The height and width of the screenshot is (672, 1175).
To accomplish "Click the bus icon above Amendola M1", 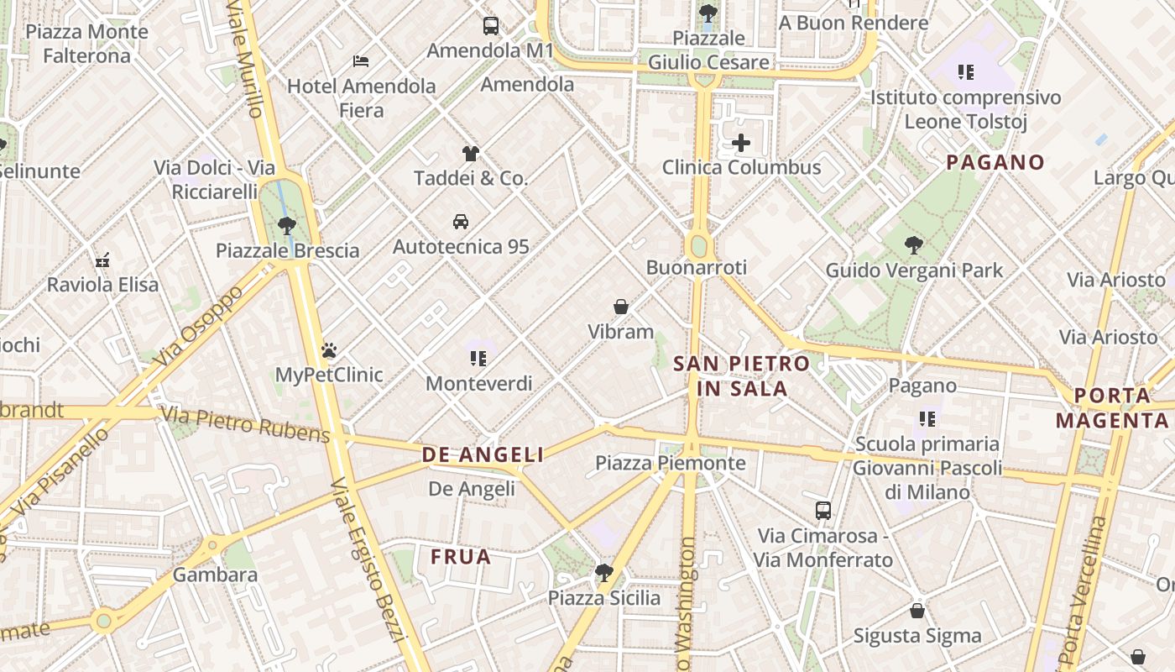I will [491, 26].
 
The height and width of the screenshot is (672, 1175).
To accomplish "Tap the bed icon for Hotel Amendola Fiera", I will [361, 61].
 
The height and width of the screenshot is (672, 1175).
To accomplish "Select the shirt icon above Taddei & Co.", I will [471, 154].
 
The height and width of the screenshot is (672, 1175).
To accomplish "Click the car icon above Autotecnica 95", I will [461, 222].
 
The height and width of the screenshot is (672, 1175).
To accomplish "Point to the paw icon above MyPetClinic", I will [329, 350].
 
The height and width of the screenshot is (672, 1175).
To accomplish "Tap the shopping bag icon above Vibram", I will [621, 307].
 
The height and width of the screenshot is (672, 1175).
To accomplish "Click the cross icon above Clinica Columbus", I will [741, 143].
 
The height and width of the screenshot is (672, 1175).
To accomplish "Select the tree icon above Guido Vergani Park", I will [914, 246].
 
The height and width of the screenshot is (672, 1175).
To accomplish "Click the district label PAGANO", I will [995, 162].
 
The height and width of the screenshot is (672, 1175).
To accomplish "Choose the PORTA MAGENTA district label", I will [1113, 407].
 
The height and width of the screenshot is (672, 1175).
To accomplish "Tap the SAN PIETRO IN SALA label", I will [742, 375].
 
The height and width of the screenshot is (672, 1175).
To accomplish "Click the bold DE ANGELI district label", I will [483, 455].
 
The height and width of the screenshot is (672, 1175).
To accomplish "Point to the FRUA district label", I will [461, 557].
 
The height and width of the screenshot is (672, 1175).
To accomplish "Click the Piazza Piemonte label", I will [670, 463].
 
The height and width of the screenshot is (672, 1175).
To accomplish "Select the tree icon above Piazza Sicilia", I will [603, 574].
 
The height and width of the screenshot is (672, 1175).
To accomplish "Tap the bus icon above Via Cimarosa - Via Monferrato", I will [823, 510].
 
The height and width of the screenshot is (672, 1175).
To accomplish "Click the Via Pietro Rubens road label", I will [245, 423].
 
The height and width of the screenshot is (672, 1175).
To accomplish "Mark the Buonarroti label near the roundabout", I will [696, 267].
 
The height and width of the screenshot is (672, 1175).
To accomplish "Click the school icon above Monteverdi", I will [478, 360].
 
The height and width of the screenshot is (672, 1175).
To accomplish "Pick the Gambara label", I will [215, 575].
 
